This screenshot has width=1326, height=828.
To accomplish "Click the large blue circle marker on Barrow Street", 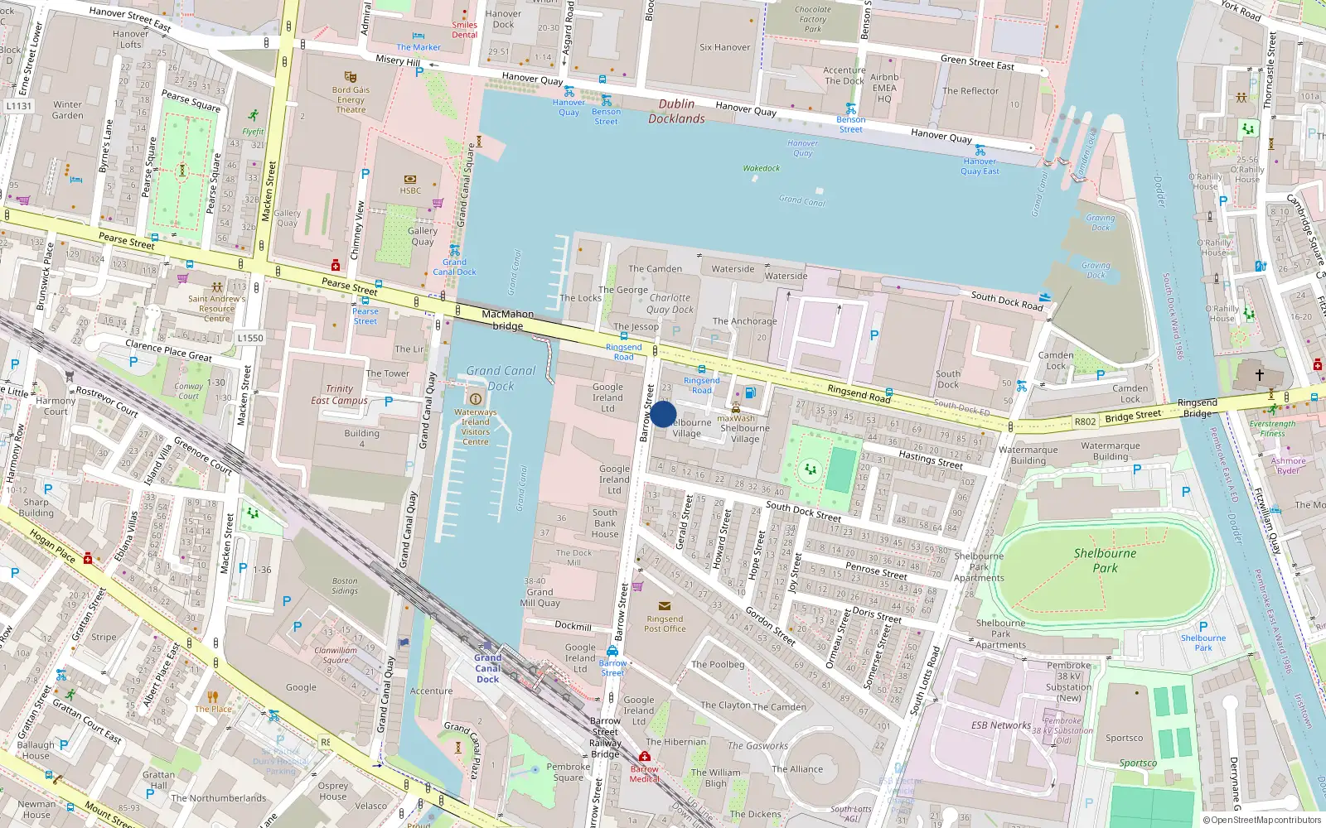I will tap(663, 414).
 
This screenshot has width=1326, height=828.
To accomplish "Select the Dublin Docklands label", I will tap(676, 111).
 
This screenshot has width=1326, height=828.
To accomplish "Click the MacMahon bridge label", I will tap(508, 320).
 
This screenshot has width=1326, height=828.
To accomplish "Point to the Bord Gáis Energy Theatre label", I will tap(351, 99).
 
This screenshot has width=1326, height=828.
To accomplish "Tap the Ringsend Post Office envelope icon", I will tap(664, 606).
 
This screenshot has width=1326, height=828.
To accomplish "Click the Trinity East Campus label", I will tap(339, 394).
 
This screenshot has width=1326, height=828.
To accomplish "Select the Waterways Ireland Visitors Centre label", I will tap(475, 426).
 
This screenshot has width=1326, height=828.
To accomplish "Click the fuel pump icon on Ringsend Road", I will tap(750, 392).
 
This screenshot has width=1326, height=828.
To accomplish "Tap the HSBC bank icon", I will tap(410, 179).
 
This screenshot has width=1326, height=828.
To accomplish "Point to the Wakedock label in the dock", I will tap(761, 168).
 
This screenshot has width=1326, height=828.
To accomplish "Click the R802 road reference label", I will tap(1085, 421).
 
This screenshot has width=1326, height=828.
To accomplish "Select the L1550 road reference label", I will tap(249, 338).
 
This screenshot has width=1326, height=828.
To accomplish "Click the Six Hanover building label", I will tap(724, 47).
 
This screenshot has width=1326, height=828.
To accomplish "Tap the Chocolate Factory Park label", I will tap(812, 19).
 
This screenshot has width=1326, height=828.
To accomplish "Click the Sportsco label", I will tap(1124, 738).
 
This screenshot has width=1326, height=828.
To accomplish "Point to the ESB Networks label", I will tap(1001, 725).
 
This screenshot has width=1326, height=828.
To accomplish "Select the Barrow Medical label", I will tap(644, 773).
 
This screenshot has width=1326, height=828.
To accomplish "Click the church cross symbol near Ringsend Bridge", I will tap(1259, 375).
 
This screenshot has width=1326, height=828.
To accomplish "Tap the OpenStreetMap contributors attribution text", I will tap(1262, 820).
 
